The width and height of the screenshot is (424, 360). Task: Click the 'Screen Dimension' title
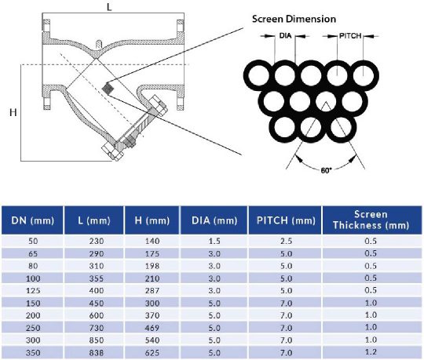point(294,18)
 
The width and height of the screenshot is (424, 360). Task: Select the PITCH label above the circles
point(350,35)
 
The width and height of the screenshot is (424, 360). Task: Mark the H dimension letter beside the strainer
point(13,113)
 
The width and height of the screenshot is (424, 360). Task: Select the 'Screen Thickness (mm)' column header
point(371,220)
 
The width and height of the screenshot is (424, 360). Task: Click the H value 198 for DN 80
point(152,265)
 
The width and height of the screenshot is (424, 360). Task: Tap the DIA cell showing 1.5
point(214,240)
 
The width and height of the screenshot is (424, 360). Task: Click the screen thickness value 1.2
point(371,353)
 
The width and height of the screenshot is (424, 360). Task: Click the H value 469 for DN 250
point(152,328)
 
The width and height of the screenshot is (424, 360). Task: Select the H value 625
point(152,353)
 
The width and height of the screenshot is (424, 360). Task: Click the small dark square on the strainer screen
point(108,88)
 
